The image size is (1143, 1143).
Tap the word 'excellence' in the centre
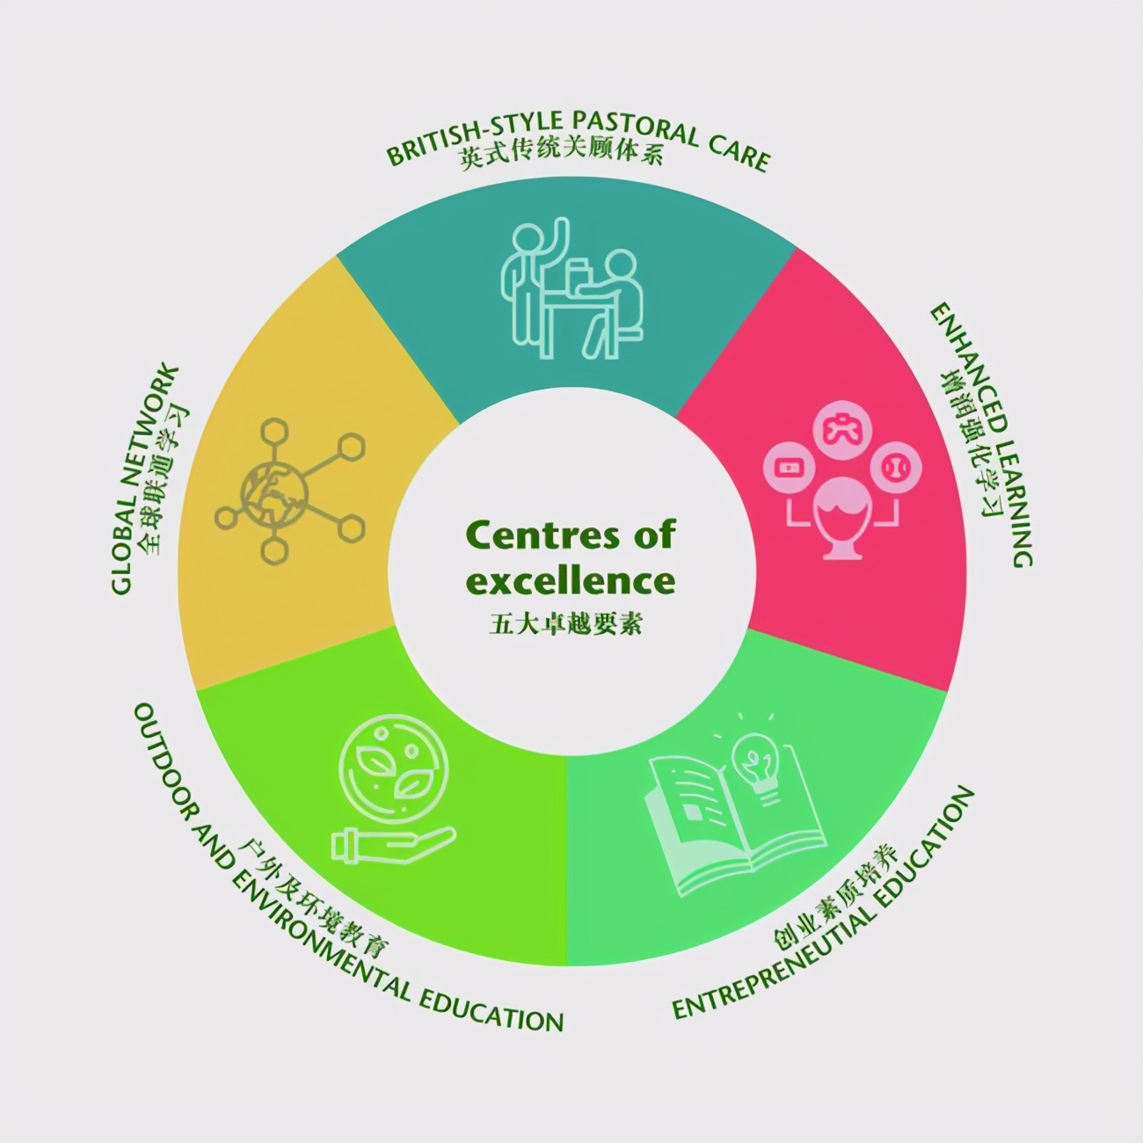pos(571,580)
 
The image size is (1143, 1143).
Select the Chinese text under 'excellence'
pos(566,623)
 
